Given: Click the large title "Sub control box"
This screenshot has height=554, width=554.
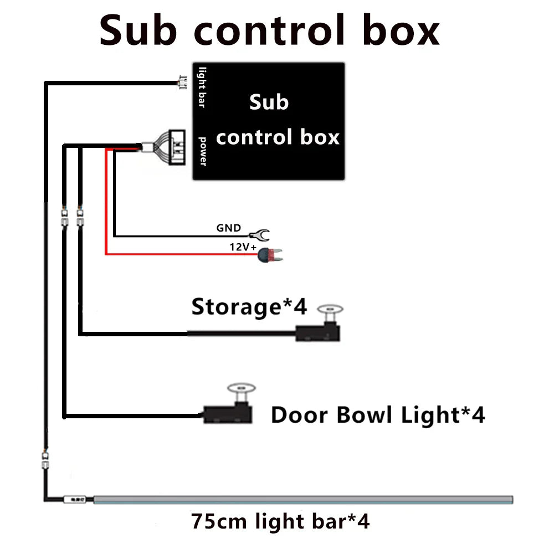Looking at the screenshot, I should (269, 31).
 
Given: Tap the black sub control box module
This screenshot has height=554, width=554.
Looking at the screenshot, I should (269, 121).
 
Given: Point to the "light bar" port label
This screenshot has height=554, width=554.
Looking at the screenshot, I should (202, 88).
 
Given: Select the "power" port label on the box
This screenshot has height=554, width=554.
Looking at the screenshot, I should (203, 151).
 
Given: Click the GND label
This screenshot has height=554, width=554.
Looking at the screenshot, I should (228, 228).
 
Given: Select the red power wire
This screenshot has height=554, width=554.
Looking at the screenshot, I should (105, 222).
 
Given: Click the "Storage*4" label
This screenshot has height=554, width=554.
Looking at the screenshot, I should (249, 306).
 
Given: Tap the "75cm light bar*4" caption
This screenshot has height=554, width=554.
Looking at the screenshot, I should (280, 521).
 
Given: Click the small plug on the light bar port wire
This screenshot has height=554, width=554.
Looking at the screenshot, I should (181, 84).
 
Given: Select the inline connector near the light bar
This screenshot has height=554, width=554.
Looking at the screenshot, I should (45, 459).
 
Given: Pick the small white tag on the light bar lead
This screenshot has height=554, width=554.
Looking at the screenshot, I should (72, 500).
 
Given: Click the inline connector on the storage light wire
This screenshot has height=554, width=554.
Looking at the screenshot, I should (80, 217).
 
